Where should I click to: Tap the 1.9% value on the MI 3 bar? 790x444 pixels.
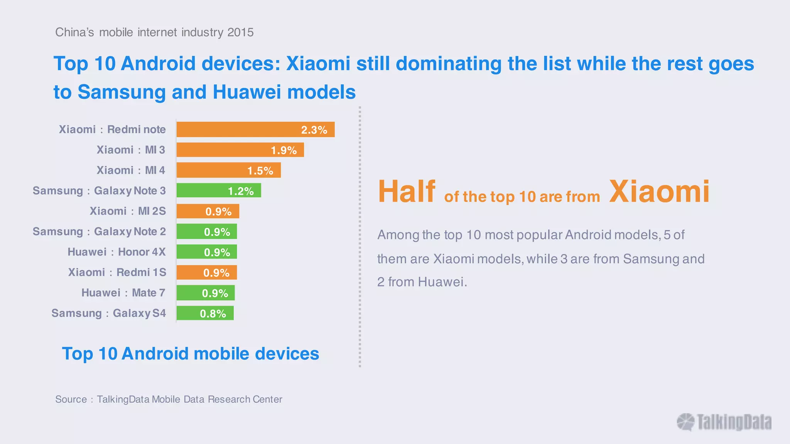tap(284, 150)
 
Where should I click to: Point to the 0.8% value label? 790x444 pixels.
tap(213, 314)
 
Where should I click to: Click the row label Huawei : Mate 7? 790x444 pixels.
tap(123, 293)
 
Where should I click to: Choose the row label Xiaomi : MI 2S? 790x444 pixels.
tap(128, 211)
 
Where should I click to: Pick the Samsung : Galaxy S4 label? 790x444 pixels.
tap(108, 313)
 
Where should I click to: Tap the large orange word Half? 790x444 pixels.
tap(406, 192)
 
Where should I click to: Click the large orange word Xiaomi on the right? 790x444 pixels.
tap(659, 192)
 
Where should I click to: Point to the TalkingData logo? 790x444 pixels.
tap(724, 422)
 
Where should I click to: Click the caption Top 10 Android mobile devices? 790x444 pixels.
tap(191, 354)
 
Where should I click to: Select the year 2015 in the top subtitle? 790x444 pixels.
tap(240, 32)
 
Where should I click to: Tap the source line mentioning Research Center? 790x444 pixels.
tap(169, 399)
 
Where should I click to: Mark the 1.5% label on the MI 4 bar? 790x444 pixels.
tap(260, 171)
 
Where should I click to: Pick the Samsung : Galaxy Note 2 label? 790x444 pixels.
tap(99, 232)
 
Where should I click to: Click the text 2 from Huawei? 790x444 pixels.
tap(422, 282)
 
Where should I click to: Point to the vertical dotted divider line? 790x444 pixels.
tap(360, 237)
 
